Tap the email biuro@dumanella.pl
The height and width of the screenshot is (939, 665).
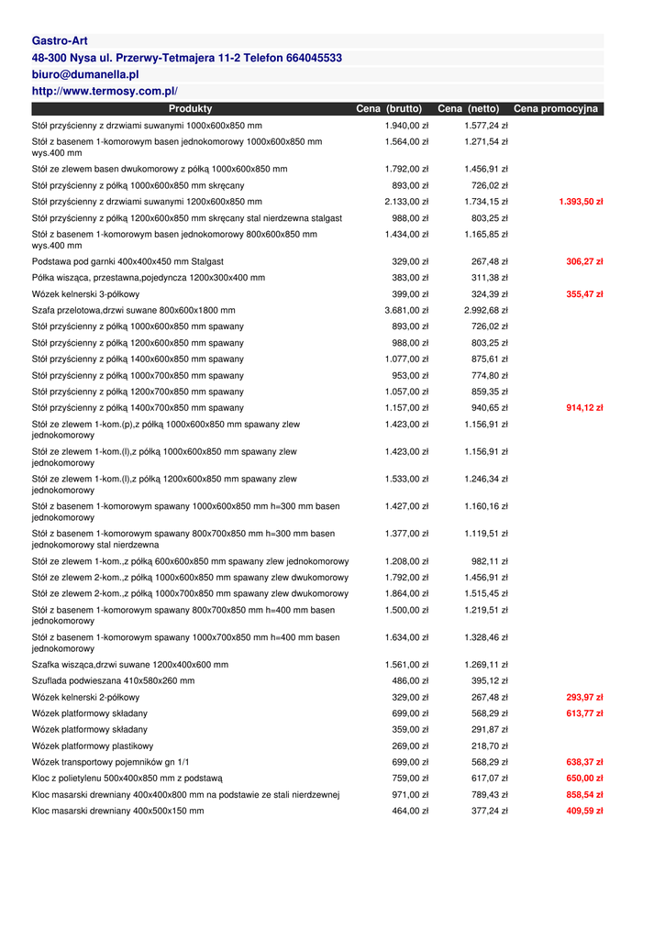point(85,74)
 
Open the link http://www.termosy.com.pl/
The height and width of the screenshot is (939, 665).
point(105,91)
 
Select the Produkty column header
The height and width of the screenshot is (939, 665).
point(190,109)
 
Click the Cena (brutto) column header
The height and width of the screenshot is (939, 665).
point(389,109)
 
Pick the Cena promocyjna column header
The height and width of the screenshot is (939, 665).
point(556,109)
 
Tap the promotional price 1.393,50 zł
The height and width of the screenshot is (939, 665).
point(581,202)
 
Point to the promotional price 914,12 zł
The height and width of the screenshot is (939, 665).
point(584,408)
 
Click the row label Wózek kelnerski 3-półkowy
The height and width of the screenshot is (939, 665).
point(86,294)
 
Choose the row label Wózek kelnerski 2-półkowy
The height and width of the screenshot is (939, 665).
point(86,698)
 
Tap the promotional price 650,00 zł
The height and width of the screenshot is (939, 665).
point(584,779)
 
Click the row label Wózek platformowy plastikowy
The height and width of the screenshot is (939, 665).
point(93,746)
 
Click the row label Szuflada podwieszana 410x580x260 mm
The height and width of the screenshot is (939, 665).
point(113,681)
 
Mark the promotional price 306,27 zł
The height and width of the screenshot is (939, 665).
point(584,262)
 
